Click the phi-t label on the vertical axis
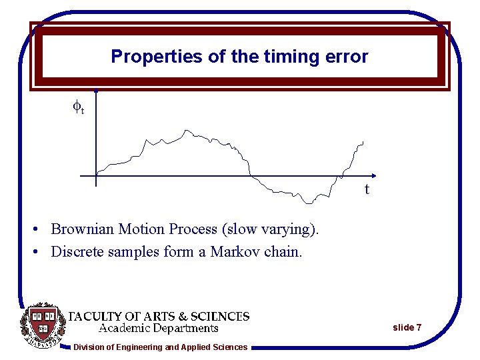click(x=78, y=107)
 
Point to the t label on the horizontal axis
click(x=367, y=189)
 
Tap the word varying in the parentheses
click(x=288, y=230)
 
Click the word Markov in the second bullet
click(x=237, y=251)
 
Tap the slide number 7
click(x=418, y=327)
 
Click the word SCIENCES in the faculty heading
click(x=220, y=316)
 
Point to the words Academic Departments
click(x=159, y=328)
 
